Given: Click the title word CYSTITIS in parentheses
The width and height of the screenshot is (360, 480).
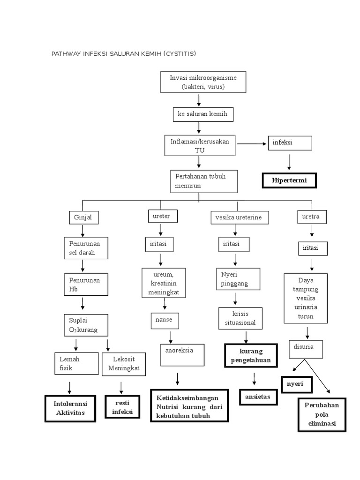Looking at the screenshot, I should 180,54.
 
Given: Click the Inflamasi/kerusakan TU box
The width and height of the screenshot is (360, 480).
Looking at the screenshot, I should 200,146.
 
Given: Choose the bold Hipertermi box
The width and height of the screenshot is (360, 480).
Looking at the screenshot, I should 289,180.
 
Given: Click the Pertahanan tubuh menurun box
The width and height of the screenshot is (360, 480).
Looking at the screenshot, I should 204,181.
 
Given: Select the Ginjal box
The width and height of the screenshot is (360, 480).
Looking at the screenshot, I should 83,218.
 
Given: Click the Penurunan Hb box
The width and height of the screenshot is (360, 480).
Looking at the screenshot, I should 86,285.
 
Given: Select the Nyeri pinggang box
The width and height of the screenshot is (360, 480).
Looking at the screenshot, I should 238,279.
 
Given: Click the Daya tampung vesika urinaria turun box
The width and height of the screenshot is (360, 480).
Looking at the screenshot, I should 306,299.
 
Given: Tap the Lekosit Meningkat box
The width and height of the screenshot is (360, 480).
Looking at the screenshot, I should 124,364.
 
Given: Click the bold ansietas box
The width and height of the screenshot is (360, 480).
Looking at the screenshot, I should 258,397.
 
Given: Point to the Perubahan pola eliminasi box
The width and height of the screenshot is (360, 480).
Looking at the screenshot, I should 322,415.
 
